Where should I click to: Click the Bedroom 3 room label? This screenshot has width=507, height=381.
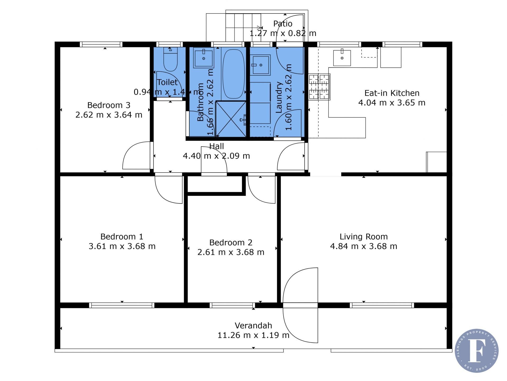click(109, 105)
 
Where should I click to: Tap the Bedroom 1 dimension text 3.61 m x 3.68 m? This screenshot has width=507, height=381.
click(122, 246)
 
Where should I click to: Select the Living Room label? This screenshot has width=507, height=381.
click(364, 237)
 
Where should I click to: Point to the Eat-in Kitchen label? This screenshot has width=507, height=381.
click(392, 93)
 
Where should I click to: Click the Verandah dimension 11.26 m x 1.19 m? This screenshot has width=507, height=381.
click(253, 335)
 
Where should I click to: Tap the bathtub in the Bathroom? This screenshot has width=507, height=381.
click(233, 74)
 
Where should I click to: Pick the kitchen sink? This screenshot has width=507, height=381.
click(342, 57)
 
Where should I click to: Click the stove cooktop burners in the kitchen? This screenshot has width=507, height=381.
click(319, 87)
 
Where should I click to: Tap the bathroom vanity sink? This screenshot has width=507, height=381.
click(204, 57)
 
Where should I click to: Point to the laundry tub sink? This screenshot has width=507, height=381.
click(260, 65)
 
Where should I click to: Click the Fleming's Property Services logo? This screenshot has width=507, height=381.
click(477, 351)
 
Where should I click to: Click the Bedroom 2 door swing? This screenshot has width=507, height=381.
click(261, 190)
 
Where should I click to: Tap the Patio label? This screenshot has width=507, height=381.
click(283, 24)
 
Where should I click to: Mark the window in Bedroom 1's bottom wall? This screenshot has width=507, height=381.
click(122, 305)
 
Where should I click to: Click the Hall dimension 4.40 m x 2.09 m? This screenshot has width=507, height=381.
click(217, 156)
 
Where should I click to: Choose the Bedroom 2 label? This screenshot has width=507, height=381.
click(231, 243)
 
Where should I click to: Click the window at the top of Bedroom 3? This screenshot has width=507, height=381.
click(101, 44)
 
